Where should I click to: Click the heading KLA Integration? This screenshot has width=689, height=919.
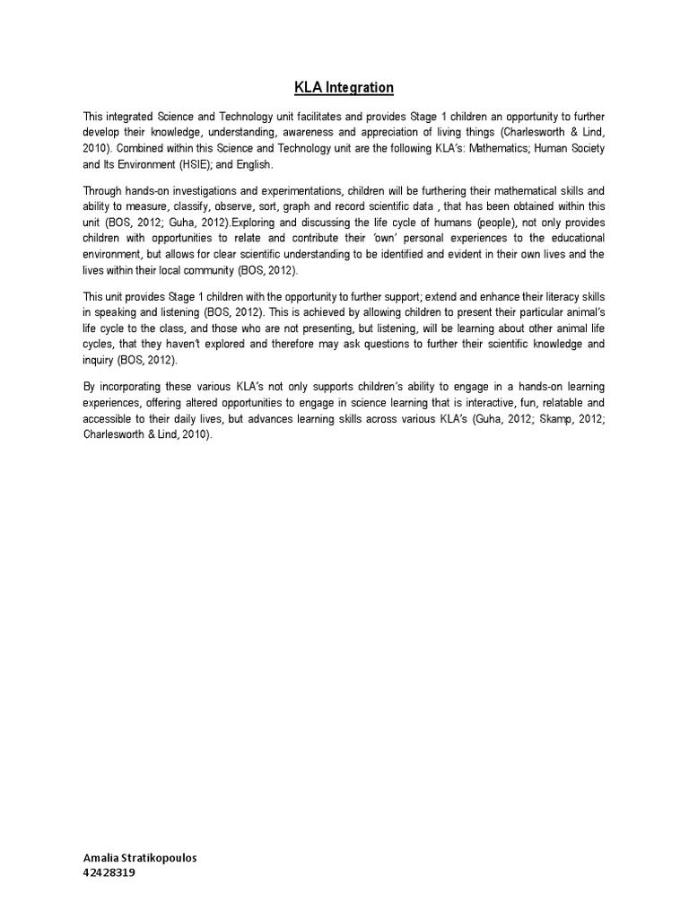point(344,88)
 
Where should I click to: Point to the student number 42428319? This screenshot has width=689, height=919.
point(109,872)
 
